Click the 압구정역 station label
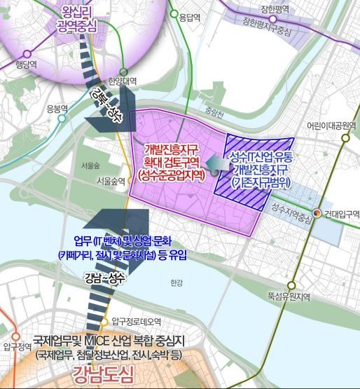click(x=17, y=346)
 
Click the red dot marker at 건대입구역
click(x=317, y=213)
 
